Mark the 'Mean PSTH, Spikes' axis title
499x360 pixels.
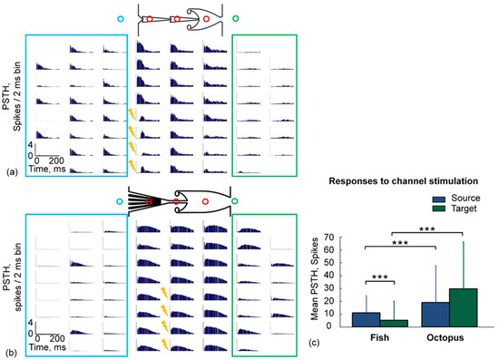click(x=326, y=282)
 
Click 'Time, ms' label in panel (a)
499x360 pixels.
click(x=54, y=169)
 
